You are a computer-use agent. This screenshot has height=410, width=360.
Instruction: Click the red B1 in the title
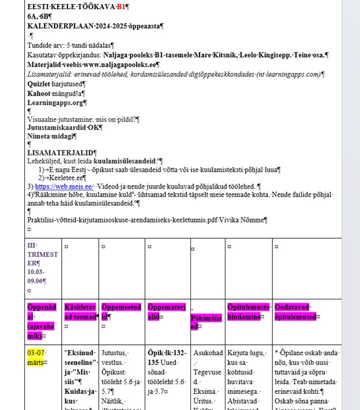pyautogui.click(x=121, y=6)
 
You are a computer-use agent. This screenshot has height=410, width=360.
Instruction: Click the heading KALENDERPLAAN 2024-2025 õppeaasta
pyautogui.click(x=95, y=26)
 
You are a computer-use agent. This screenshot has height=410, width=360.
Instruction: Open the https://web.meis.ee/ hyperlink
pyautogui.click(x=64, y=186)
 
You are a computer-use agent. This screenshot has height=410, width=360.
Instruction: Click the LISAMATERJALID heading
pyautogui.click(x=61, y=153)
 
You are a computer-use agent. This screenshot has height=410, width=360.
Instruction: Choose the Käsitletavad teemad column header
pyautogui.click(x=80, y=312)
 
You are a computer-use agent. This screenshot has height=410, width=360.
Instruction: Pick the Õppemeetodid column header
pyautogui.click(x=121, y=312)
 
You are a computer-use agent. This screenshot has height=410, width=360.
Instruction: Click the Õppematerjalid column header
pyautogui.click(x=167, y=312)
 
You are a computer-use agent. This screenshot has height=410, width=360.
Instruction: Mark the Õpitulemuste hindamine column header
pyautogui.click(x=248, y=312)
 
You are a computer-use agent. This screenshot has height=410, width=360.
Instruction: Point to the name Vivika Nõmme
pyautogui.click(x=245, y=220)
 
